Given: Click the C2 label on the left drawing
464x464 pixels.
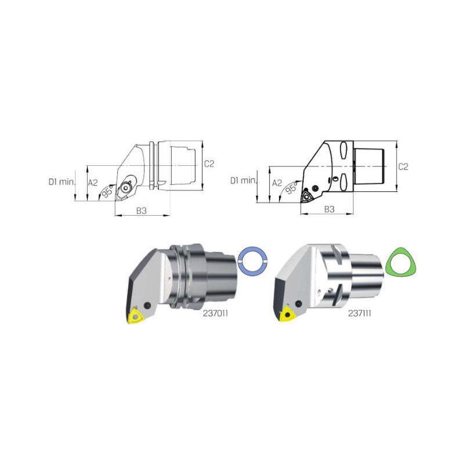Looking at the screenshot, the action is pyautogui.click(x=209, y=164).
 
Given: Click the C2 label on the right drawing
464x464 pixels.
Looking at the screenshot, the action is pyautogui.click(x=403, y=167).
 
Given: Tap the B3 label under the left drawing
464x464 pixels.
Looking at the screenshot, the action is pyautogui.click(x=142, y=211).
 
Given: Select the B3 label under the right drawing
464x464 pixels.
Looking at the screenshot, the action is pyautogui.click(x=329, y=209).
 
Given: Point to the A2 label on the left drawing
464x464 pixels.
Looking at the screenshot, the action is pyautogui.click(x=93, y=183).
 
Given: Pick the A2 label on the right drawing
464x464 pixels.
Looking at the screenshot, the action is pyautogui.click(x=277, y=183).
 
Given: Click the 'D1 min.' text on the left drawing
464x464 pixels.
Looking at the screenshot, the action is pyautogui.click(x=61, y=182).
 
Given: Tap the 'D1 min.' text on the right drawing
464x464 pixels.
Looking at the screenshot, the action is pyautogui.click(x=243, y=180).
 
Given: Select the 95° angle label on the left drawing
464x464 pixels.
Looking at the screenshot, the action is pyautogui.click(x=107, y=191).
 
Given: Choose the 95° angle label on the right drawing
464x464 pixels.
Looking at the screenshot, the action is pyautogui.click(x=291, y=188).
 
